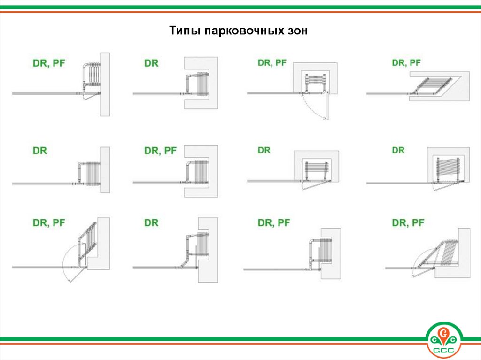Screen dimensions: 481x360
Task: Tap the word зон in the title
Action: pos(297,31)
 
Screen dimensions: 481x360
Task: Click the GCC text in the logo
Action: pos(443,351)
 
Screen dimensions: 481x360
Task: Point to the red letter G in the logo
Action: pos(443,332)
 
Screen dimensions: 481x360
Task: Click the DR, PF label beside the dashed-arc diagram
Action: pos(272,63)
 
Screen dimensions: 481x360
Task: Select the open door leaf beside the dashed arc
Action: pos(327,105)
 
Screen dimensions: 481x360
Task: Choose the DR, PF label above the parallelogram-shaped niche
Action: pos(406,63)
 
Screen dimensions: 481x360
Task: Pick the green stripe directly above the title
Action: pos(240,8)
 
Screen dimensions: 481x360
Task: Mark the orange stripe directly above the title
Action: pos(240,12)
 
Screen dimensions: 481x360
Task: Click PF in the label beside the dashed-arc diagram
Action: pos(281,63)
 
